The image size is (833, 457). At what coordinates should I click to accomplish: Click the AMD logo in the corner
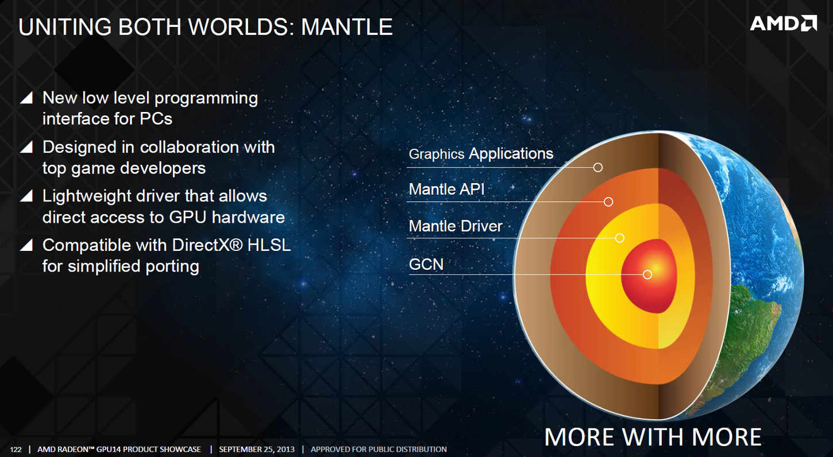[783, 24]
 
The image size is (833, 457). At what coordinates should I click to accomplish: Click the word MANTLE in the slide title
[346, 27]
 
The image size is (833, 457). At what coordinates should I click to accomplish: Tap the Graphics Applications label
[481, 154]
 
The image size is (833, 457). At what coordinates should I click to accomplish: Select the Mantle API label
[446, 189]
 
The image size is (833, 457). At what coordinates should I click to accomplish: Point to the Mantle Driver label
[456, 226]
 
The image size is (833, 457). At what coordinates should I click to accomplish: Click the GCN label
[426, 265]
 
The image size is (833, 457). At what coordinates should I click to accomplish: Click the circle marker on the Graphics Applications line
[598, 168]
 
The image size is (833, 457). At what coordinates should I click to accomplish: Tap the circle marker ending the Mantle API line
[608, 202]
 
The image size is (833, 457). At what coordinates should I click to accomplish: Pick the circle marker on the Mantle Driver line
[619, 238]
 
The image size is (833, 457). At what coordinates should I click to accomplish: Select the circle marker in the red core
[647, 274]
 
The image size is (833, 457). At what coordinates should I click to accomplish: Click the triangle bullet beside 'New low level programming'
[27, 98]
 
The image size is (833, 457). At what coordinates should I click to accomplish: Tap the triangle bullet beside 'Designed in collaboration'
[27, 147]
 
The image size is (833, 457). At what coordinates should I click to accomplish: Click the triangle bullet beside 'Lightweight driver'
[27, 196]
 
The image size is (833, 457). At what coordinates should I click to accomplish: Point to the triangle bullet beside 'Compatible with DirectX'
[27, 245]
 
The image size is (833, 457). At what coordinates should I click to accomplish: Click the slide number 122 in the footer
[16, 450]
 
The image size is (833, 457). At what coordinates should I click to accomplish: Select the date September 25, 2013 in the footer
[257, 450]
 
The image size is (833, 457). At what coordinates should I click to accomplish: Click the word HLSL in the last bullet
[269, 245]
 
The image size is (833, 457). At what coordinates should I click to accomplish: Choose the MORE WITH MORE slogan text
[653, 437]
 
